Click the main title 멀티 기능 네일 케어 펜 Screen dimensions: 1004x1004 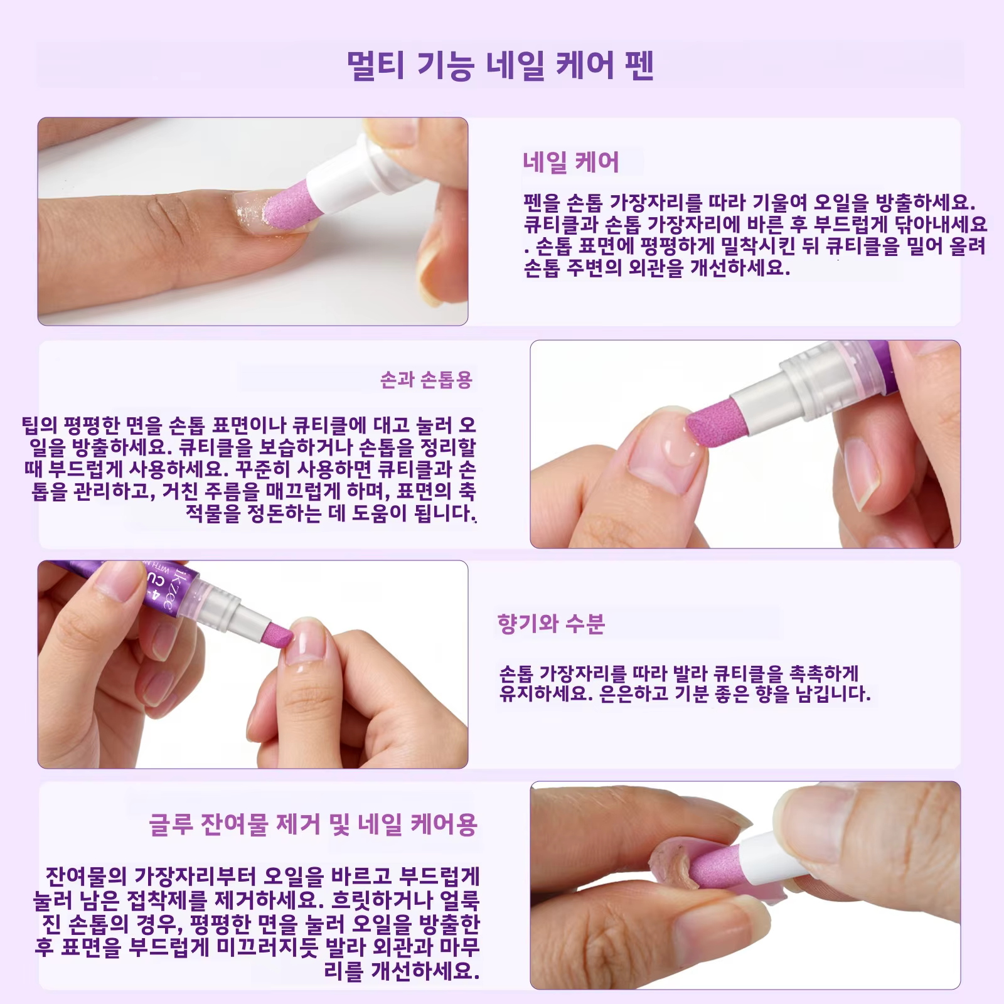501,66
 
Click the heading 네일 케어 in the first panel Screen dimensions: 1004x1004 571,162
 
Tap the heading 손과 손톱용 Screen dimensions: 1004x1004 426,380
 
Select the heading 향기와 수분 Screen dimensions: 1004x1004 550,624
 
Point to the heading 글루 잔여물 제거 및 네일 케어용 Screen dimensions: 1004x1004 314,824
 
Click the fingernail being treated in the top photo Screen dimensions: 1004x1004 251,213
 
